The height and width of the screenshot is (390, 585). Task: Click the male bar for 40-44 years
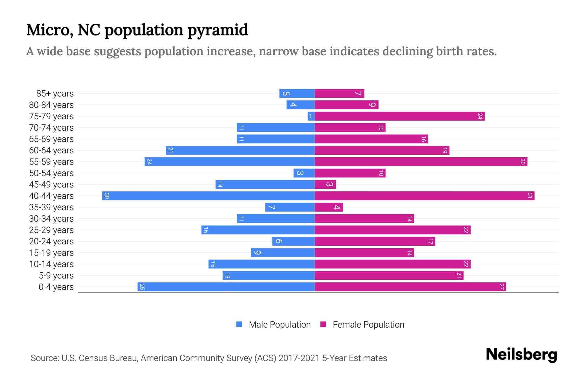pyautogui.click(x=208, y=196)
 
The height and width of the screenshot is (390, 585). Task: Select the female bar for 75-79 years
pyautogui.click(x=400, y=116)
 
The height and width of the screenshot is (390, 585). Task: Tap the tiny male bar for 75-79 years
pyautogui.click(x=311, y=116)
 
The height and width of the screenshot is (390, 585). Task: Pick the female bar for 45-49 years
pyautogui.click(x=325, y=185)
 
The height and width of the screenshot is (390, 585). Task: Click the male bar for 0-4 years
pyautogui.click(x=226, y=287)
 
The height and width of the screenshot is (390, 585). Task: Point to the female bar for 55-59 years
pyautogui.click(x=421, y=162)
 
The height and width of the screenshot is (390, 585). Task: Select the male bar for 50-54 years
pyautogui.click(x=304, y=173)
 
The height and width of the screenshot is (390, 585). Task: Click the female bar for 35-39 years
pyautogui.click(x=329, y=207)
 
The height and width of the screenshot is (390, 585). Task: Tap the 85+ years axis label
pyautogui.click(x=55, y=94)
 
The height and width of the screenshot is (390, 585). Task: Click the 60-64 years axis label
pyautogui.click(x=51, y=150)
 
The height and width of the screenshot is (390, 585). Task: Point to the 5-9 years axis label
pyautogui.click(x=56, y=276)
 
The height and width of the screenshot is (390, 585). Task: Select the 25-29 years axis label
pyautogui.click(x=51, y=230)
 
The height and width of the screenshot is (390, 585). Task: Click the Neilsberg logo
pyautogui.click(x=521, y=355)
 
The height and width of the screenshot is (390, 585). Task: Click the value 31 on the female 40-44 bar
pyautogui.click(x=530, y=196)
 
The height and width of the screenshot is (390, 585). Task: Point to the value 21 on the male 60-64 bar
pyautogui.click(x=170, y=150)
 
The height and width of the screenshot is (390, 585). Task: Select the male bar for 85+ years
pyautogui.click(x=297, y=94)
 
